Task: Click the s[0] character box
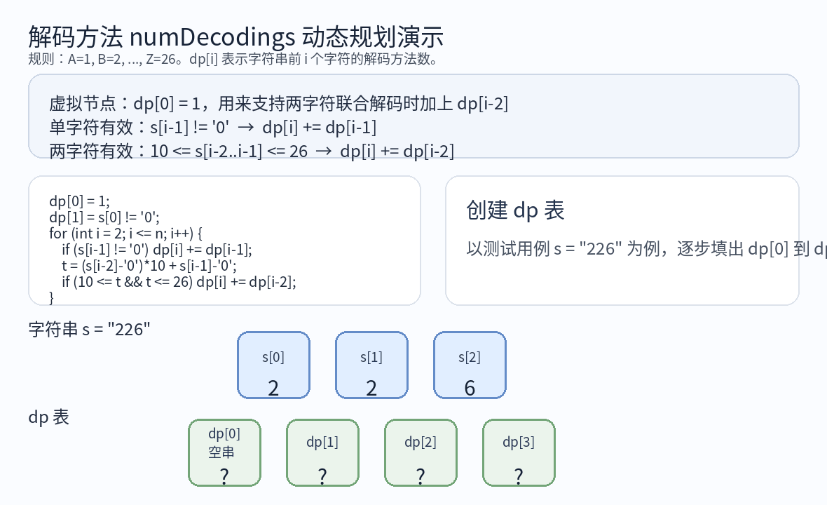(273, 365)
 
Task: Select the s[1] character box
(371, 365)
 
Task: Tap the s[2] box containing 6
(470, 365)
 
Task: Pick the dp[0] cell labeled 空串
(224, 452)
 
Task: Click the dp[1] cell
(322, 452)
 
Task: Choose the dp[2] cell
(421, 452)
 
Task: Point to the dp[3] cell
(519, 452)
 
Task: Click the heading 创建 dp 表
(515, 210)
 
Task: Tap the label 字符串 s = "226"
(90, 329)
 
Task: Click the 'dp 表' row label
(48, 417)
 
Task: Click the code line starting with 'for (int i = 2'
(125, 233)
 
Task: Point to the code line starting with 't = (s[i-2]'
(149, 266)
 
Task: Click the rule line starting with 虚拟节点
(278, 105)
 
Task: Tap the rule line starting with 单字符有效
(213, 128)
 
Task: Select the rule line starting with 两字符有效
(252, 151)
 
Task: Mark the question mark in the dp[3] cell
(519, 476)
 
